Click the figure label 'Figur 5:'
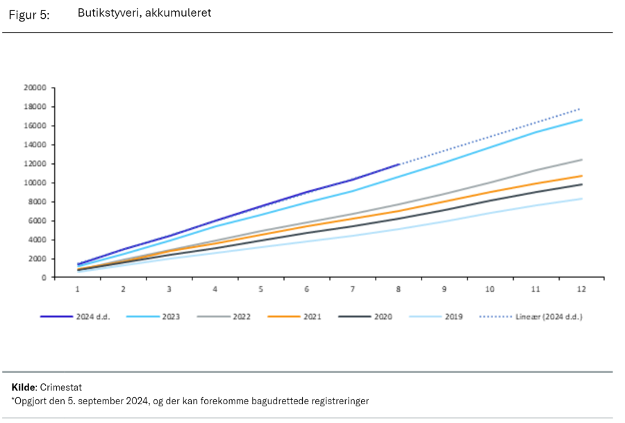coord(29,15)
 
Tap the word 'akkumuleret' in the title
coord(177,13)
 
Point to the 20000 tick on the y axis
coord(34,88)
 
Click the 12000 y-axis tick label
coord(34,164)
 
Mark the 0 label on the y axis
coord(43,278)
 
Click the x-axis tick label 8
coord(399,288)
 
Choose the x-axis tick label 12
coord(581,288)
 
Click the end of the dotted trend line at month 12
coord(581,108)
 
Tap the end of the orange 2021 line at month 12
coord(581,176)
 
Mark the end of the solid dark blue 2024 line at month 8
coord(399,165)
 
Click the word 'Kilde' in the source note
coord(23,387)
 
